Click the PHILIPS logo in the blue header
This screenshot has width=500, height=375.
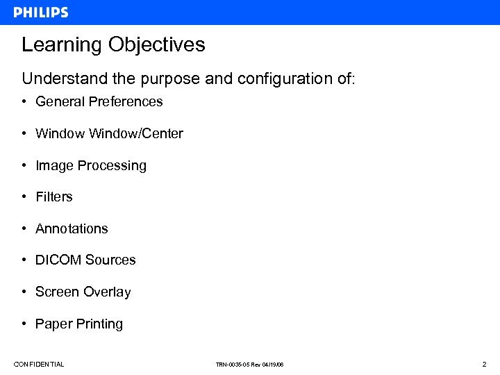[41, 12]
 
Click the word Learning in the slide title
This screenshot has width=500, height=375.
[62, 45]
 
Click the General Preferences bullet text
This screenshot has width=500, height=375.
[99, 101]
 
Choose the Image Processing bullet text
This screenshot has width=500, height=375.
[91, 165]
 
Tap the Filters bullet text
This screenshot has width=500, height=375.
[54, 197]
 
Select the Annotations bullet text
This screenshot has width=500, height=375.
[72, 228]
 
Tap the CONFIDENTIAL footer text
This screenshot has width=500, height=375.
[39, 364]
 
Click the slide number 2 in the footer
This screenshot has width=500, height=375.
[485, 364]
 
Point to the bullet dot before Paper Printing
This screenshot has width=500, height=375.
[24, 324]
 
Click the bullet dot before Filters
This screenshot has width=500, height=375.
[24, 197]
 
